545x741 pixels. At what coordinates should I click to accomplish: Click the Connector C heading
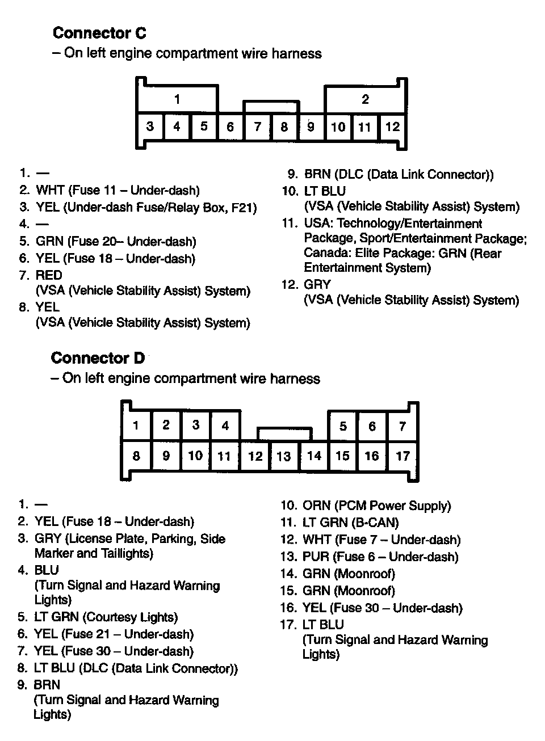tap(99, 33)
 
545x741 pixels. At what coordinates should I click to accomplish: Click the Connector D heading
tap(98, 358)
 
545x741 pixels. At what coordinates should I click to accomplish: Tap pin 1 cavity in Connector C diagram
tap(177, 100)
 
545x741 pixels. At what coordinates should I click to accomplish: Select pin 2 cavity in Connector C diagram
tap(365, 100)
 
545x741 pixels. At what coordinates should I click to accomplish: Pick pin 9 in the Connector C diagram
tap(311, 127)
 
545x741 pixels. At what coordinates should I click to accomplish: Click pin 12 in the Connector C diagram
tap(392, 127)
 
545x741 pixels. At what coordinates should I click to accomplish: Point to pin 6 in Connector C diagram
tap(230, 127)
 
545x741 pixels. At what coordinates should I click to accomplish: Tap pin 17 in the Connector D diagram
tap(403, 456)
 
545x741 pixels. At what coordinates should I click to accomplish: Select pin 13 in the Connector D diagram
tap(283, 456)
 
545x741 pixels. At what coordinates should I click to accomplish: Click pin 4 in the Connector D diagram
tap(225, 426)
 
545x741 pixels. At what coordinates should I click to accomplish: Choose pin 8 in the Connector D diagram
tap(136, 456)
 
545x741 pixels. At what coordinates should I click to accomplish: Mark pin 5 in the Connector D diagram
tap(343, 426)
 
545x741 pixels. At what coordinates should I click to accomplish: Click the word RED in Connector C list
tap(49, 276)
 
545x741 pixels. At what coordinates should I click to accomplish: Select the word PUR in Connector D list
tap(316, 557)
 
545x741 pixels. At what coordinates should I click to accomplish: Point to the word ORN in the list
tap(316, 506)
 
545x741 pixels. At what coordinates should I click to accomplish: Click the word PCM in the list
tap(350, 506)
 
